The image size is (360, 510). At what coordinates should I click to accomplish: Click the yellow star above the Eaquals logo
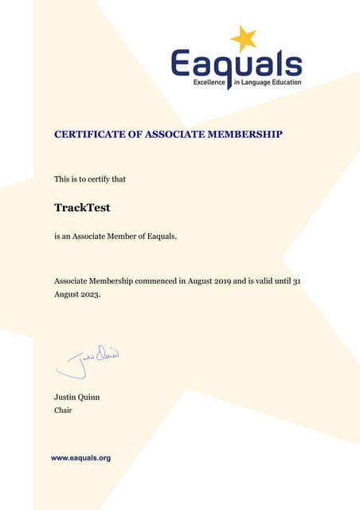243,38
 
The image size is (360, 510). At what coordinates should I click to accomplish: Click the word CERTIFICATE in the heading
87,135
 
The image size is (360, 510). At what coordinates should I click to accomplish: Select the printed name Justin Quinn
76,397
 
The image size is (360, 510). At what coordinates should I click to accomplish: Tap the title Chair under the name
63,410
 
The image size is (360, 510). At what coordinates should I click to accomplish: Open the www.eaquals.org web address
80,458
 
